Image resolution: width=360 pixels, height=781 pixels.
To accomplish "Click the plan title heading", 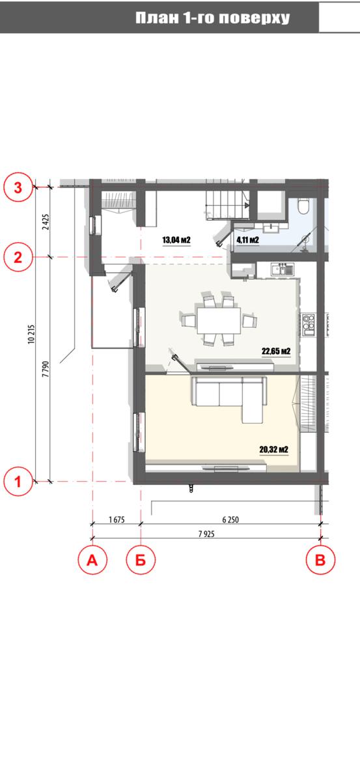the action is tap(212, 18).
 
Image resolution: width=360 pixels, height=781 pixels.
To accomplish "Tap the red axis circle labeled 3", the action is tap(18, 188).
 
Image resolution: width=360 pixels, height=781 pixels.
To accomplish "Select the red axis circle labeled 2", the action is tap(18, 258).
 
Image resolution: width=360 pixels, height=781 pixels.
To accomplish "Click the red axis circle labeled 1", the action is tap(18, 482).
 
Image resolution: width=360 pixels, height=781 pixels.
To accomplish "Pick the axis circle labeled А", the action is tap(92, 560).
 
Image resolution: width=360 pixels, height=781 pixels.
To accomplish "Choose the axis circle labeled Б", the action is tap(141, 560).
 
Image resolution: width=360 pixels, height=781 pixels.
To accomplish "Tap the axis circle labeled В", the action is tap(320, 560).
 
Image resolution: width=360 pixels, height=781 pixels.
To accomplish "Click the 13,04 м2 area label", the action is tap(176, 240).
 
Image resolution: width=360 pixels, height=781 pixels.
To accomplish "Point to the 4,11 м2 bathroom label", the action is tap(247, 240).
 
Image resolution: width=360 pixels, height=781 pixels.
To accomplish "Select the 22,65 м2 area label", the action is tap(276, 351).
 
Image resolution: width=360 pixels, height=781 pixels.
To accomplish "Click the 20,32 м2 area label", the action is tap(274, 450).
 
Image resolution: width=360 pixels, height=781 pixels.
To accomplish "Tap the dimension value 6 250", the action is tap(230, 519).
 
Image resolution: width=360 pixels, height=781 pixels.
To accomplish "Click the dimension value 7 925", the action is tap(206, 534).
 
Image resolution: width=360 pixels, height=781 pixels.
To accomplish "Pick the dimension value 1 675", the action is tap(117, 519).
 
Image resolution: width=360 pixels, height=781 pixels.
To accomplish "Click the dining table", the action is tap(219, 320).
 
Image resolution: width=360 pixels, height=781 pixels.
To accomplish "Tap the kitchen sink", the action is tap(283, 269).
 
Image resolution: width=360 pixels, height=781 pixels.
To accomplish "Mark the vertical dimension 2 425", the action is tap(46, 222).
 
